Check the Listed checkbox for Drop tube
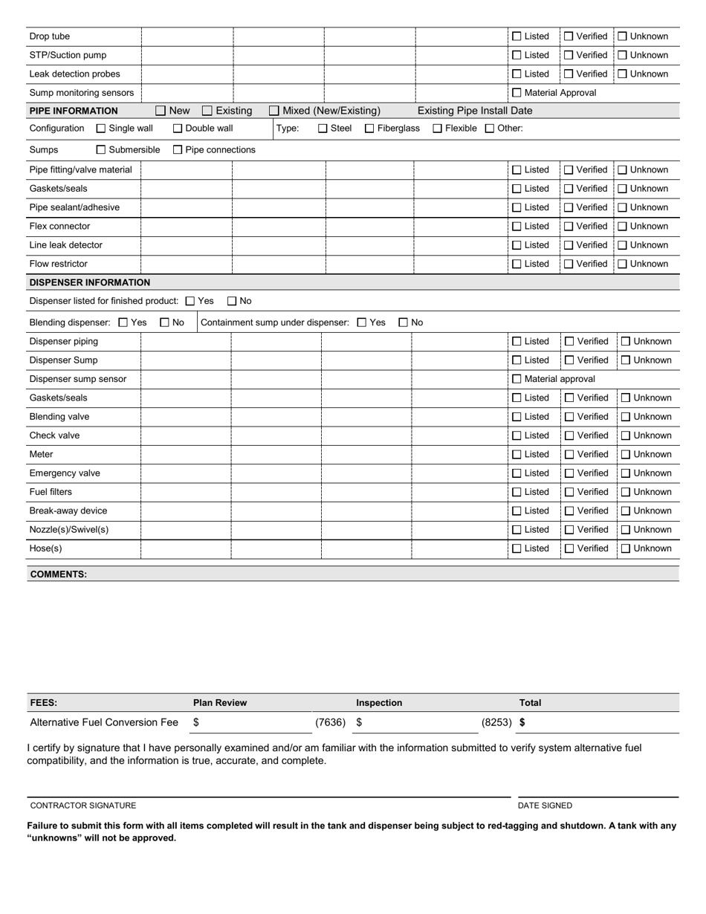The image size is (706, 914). coord(517,36)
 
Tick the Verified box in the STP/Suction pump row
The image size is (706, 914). coord(569,55)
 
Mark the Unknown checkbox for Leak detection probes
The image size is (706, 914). coord(623,74)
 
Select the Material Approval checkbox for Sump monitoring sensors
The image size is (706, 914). coord(517,93)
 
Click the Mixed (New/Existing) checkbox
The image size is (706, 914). coord(274,111)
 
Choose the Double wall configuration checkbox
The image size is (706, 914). coord(178,129)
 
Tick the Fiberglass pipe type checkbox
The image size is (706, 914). coord(369,129)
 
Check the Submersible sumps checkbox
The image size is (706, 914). coord(101,150)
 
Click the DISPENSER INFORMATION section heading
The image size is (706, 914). coord(89,282)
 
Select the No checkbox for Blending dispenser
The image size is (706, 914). coord(165,323)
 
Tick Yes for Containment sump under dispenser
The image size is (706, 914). coord(362,323)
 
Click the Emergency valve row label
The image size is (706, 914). coord(65,473)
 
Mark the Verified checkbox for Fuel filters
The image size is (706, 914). coord(569,492)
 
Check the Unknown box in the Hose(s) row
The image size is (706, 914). coord(626,548)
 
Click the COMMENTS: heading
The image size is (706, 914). coord(59,574)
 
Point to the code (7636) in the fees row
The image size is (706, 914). coord(330,722)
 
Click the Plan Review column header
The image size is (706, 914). coord(220,703)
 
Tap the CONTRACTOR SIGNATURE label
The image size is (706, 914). coord(83,806)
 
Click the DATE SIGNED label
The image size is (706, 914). coord(545,806)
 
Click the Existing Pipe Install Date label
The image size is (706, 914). coord(475,111)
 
